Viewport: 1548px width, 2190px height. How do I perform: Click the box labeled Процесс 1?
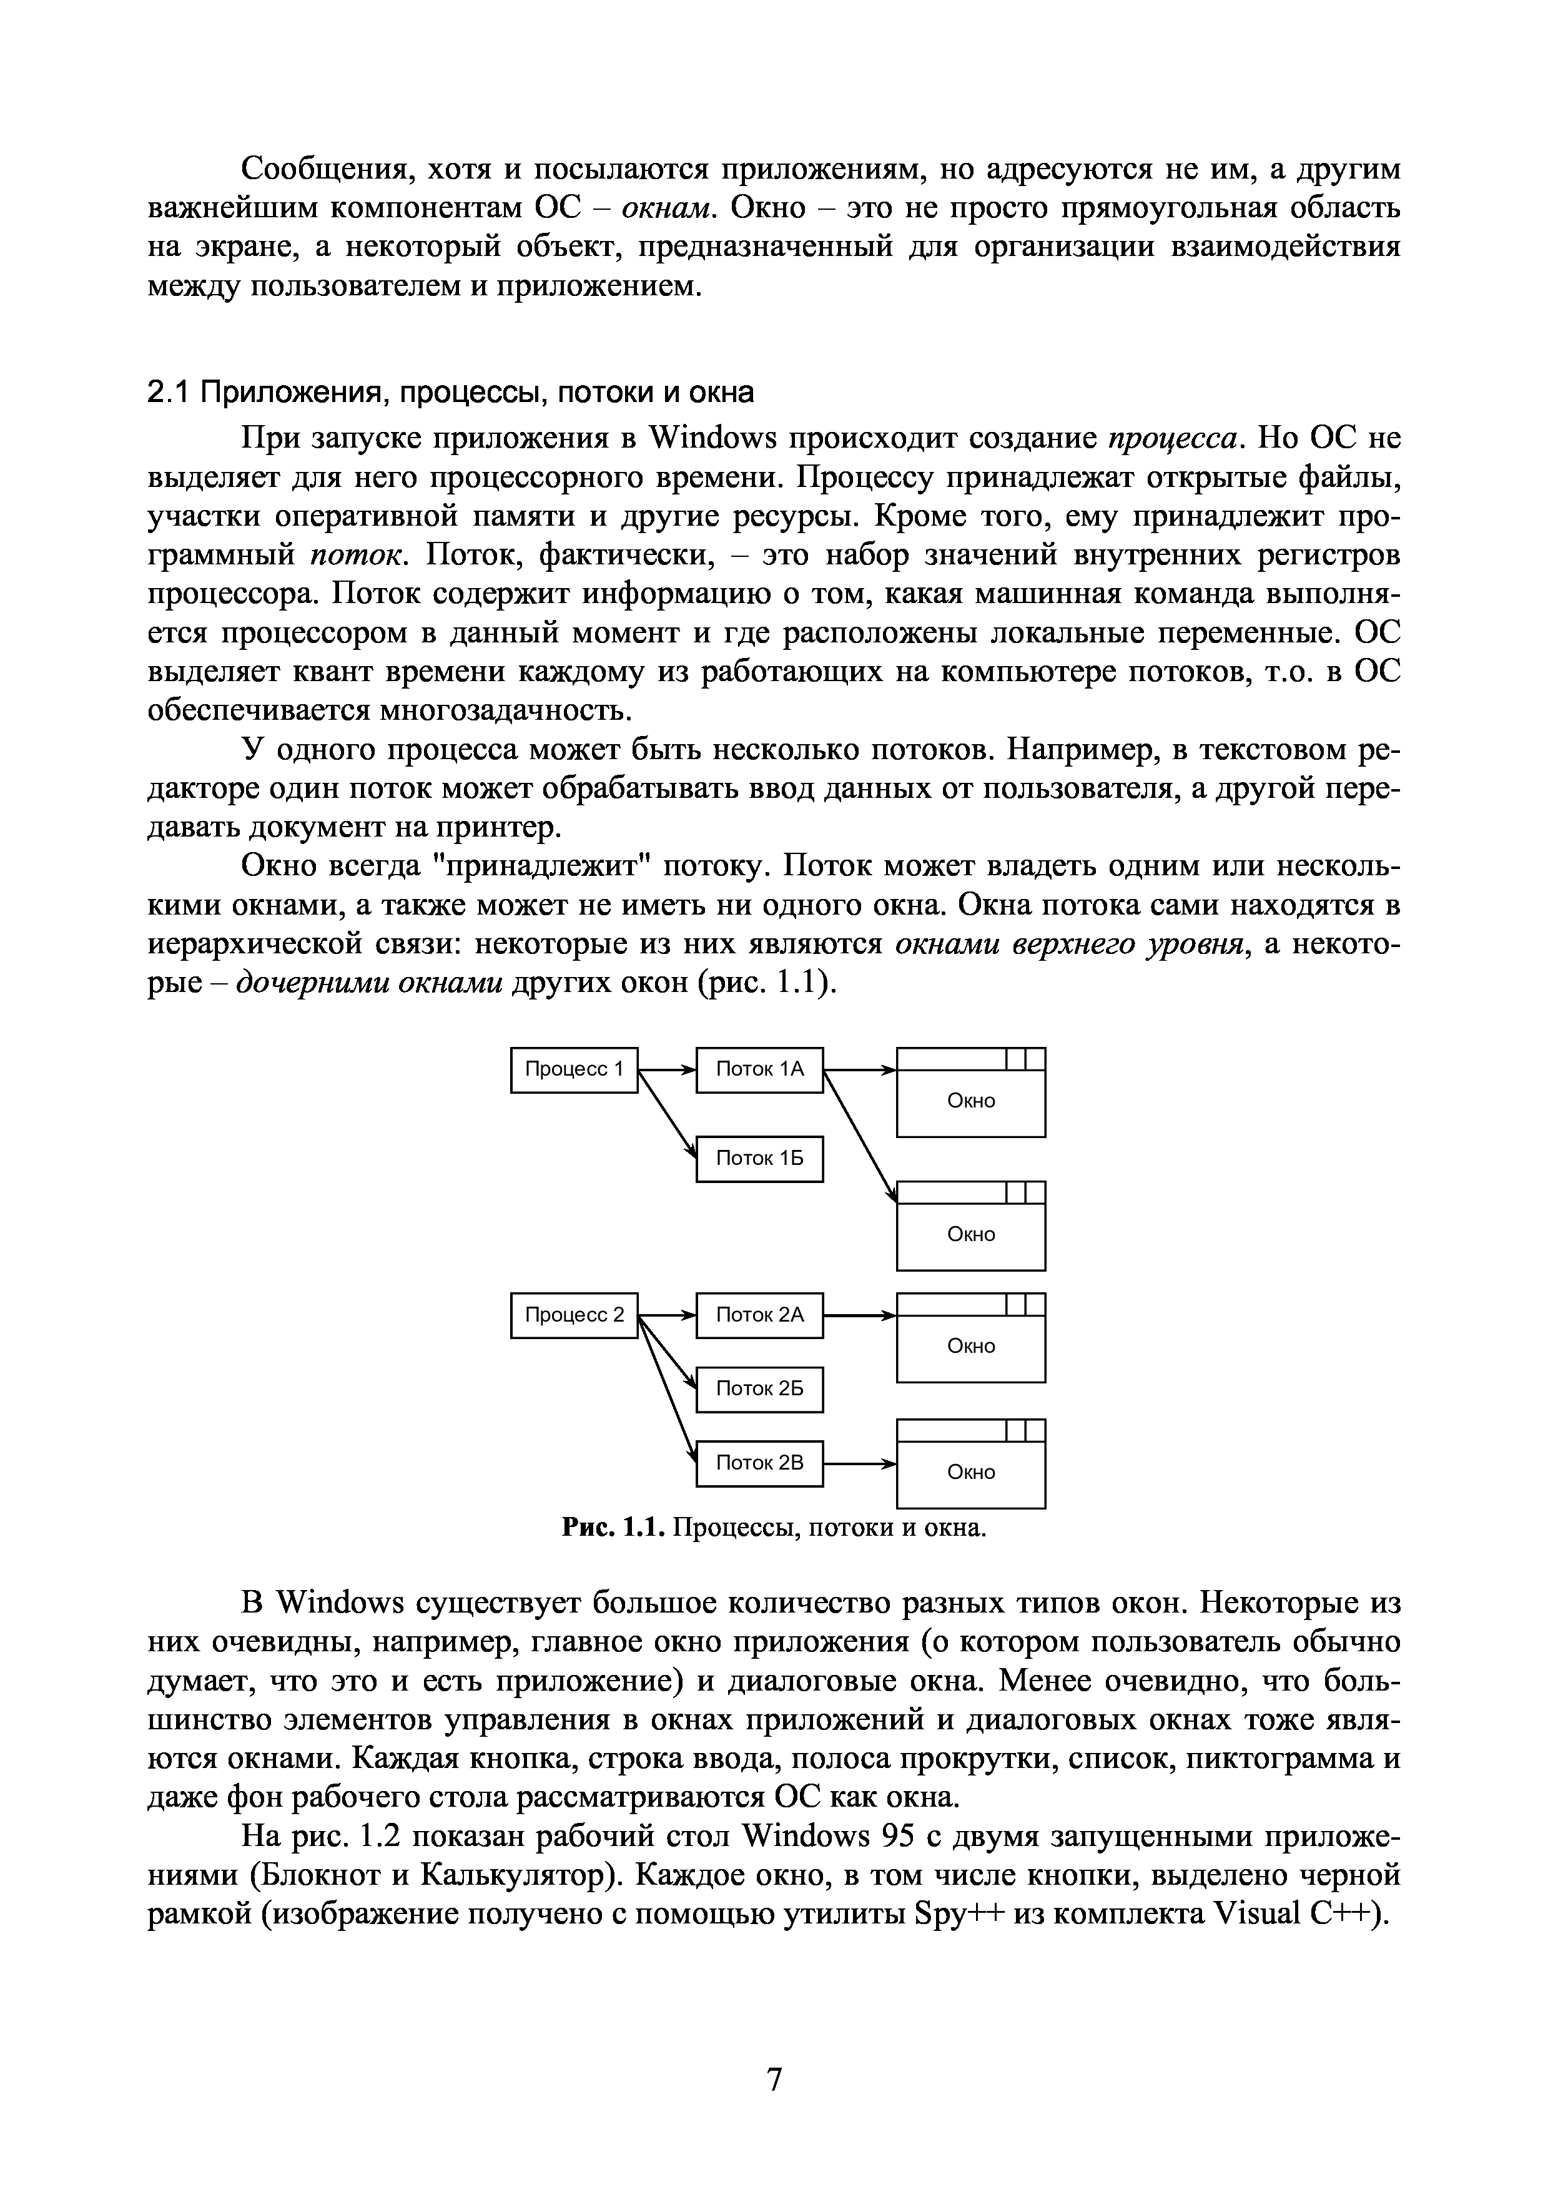click(574, 1069)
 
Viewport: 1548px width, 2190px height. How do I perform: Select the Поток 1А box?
click(759, 1069)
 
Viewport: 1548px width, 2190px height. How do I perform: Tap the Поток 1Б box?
click(759, 1159)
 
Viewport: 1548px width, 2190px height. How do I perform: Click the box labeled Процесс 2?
click(574, 1315)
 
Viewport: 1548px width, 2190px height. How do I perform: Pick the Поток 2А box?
click(759, 1315)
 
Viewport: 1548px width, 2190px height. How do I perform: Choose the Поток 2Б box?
click(759, 1389)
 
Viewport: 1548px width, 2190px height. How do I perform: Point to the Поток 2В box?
click(759, 1462)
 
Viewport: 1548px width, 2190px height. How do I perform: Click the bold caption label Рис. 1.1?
click(611, 1529)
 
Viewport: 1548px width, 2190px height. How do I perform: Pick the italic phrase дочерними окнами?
click(369, 983)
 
